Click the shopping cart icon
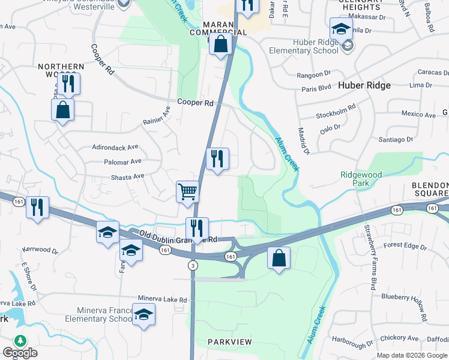[x=187, y=192]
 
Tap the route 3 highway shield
[x=193, y=265]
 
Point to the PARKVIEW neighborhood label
[x=231, y=341]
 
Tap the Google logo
[x=20, y=353]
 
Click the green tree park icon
[x=20, y=341]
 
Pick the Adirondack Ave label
[x=115, y=146]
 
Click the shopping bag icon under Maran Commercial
[x=220, y=44]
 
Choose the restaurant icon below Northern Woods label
[x=69, y=83]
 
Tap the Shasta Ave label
[x=127, y=176]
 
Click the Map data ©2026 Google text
[x=412, y=355]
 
